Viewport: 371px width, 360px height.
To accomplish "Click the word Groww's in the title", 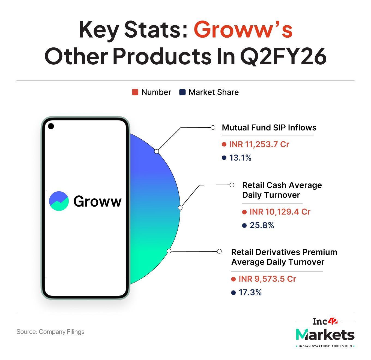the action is click(x=243, y=30).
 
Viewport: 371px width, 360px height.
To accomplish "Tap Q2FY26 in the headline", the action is click(x=283, y=57).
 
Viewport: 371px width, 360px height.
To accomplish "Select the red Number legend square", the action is click(x=135, y=92).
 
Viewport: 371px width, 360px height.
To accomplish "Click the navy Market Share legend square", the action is click(x=182, y=92).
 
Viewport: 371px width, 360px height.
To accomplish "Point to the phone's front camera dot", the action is click(x=51, y=126).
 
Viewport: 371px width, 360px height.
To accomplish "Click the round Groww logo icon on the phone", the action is click(x=59, y=201).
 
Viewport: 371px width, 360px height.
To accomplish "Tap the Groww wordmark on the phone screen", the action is click(x=97, y=201).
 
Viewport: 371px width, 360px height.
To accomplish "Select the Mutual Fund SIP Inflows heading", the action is click(x=269, y=128).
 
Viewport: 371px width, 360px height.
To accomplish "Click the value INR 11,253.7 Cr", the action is click(x=259, y=144).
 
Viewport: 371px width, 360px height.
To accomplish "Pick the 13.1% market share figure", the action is click(x=240, y=158).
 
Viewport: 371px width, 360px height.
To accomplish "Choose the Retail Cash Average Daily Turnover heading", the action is click(x=282, y=190).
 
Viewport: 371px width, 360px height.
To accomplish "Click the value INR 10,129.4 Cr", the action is click(x=280, y=212).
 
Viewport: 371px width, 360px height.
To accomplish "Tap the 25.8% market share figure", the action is click(x=262, y=225).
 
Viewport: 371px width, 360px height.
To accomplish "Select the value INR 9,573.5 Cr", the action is click(x=267, y=279).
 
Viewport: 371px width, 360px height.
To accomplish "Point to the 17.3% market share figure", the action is click(x=250, y=292).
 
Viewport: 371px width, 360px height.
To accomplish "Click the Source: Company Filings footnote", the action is click(x=50, y=332).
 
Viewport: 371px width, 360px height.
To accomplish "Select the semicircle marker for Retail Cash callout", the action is click(x=180, y=208).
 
